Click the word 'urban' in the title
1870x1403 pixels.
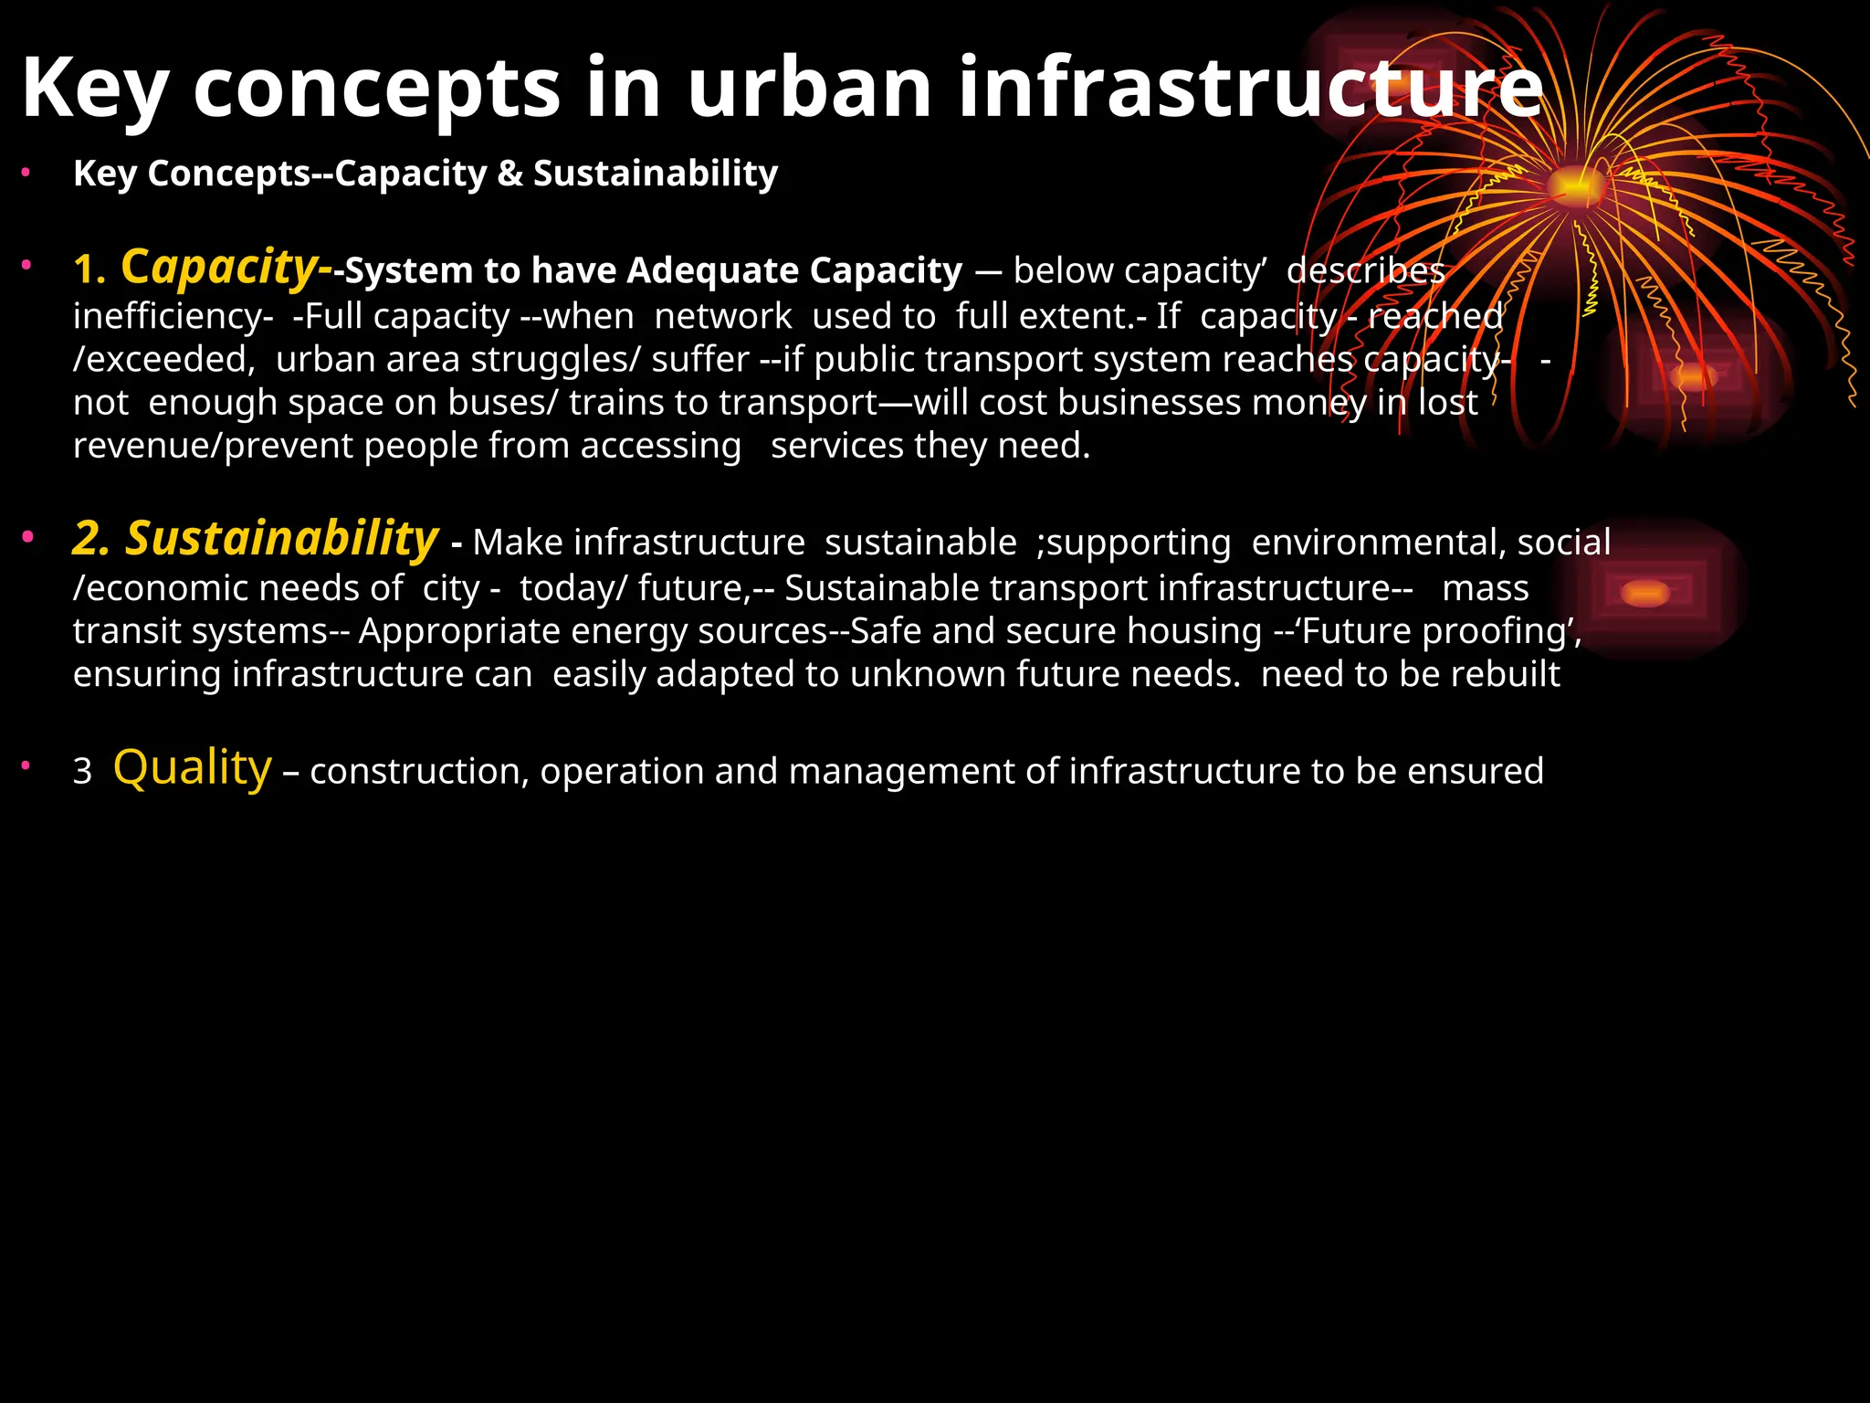(809, 88)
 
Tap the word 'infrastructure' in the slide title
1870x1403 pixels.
(1249, 88)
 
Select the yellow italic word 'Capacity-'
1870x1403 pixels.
(226, 268)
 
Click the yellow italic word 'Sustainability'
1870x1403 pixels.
(282, 538)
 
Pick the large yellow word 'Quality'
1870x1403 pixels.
(193, 767)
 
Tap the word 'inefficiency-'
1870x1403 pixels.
(173, 316)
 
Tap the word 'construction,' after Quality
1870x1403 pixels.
(420, 772)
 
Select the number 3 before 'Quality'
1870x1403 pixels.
(82, 772)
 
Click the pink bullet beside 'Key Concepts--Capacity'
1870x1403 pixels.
(27, 171)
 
